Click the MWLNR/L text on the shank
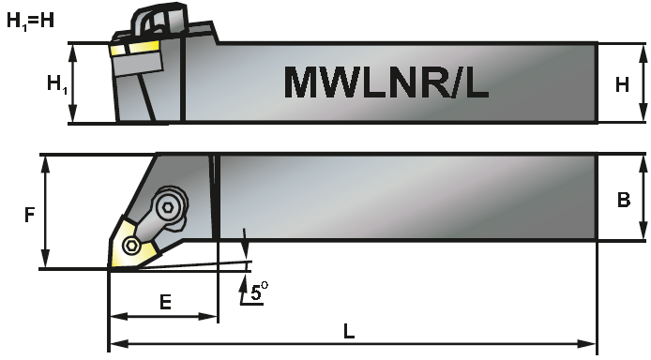pos(386,82)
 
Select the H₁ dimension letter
pos(56,84)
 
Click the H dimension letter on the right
pos(621,84)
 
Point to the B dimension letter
pos(622,199)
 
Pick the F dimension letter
pos(29,215)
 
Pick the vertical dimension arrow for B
pos(643,198)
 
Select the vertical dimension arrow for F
pos(44,212)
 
